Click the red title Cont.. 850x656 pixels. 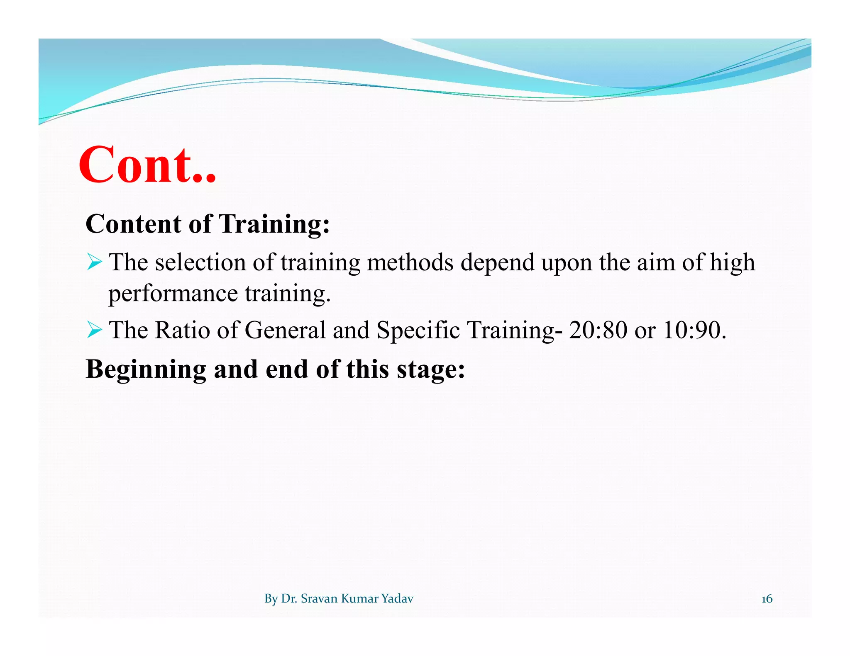[x=147, y=165]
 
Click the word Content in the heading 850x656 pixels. [x=133, y=224]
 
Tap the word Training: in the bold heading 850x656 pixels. [x=274, y=224]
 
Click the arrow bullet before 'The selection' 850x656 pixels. [x=95, y=262]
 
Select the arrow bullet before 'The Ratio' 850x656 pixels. [x=95, y=330]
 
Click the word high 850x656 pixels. [x=732, y=262]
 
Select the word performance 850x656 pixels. [x=173, y=294]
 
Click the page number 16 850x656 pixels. [x=767, y=599]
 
